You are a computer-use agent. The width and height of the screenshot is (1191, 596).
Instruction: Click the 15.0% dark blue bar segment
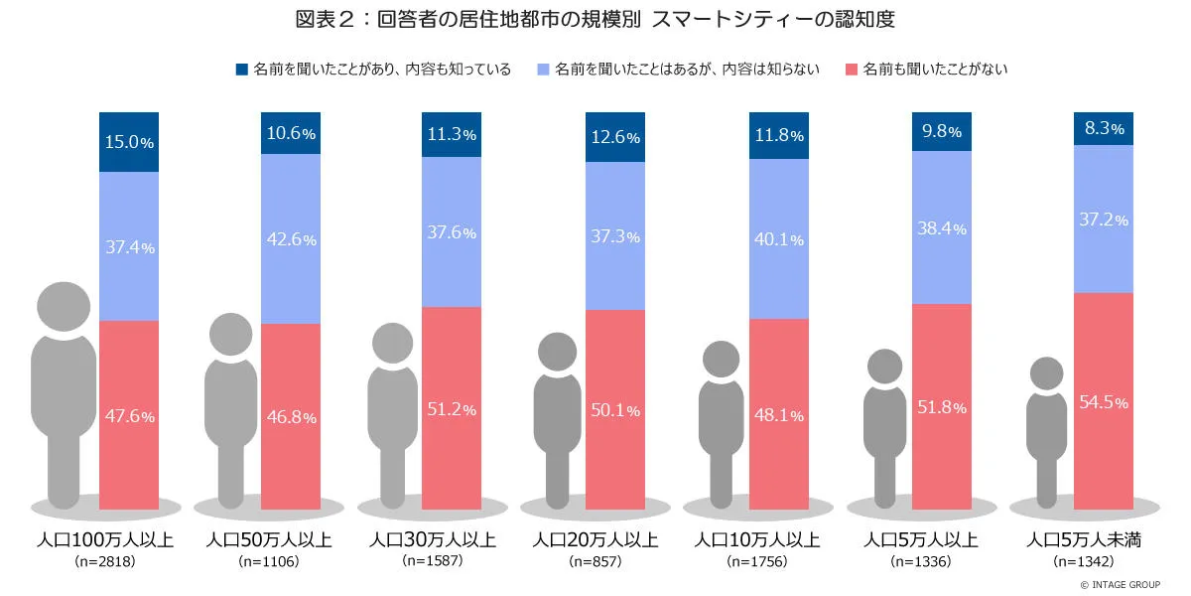(x=129, y=142)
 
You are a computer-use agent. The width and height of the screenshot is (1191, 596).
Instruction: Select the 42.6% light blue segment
(x=291, y=238)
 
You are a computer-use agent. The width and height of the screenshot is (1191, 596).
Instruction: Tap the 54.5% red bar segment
(x=1104, y=401)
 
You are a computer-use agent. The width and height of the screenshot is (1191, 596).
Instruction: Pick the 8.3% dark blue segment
(x=1104, y=128)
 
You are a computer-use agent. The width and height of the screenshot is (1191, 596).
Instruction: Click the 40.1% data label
(x=778, y=238)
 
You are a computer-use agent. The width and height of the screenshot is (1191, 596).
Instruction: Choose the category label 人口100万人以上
(x=105, y=540)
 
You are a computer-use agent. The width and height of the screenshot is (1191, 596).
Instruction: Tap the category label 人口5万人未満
(x=1084, y=540)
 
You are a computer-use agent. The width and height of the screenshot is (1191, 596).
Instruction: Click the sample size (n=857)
(x=595, y=562)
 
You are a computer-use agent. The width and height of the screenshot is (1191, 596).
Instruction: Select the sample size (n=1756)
(x=757, y=562)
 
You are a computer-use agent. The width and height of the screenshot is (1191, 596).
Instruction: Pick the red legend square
(x=852, y=70)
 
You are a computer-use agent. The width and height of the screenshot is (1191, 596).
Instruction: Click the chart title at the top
(x=595, y=19)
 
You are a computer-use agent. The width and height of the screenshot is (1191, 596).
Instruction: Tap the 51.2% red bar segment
(x=453, y=407)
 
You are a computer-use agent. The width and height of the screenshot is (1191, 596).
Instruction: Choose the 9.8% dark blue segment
(x=941, y=131)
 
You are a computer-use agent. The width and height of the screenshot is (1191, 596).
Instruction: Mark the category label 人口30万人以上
(x=433, y=540)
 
